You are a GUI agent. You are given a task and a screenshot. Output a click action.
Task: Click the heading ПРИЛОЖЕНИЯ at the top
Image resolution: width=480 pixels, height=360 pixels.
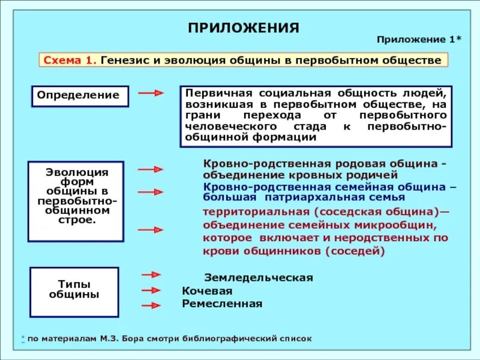pyautogui.click(x=243, y=28)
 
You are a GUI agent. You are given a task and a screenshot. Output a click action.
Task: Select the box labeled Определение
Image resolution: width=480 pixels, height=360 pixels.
pyautogui.click(x=80, y=96)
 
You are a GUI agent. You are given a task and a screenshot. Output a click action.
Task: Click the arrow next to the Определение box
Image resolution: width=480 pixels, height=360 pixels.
pyautogui.click(x=151, y=94)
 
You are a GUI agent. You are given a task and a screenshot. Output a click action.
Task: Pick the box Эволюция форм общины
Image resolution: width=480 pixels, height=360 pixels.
pyautogui.click(x=76, y=201)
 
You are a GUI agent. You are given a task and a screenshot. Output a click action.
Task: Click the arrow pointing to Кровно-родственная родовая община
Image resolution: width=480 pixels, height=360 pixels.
pyautogui.click(x=151, y=170)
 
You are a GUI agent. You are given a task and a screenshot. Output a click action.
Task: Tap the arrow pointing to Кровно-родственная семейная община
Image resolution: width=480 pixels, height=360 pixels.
pyautogui.click(x=151, y=192)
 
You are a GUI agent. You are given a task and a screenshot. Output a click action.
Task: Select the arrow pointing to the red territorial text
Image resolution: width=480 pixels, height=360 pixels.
pyautogui.click(x=151, y=230)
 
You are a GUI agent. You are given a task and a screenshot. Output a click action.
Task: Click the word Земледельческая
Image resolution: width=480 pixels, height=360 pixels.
pyautogui.click(x=259, y=278)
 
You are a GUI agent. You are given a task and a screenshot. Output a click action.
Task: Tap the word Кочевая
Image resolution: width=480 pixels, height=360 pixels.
pyautogui.click(x=207, y=291)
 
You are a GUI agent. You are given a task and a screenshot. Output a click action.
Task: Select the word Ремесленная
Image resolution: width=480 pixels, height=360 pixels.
pyautogui.click(x=222, y=304)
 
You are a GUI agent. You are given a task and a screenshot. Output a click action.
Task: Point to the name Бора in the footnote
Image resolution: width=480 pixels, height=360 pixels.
pyautogui.click(x=133, y=338)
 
